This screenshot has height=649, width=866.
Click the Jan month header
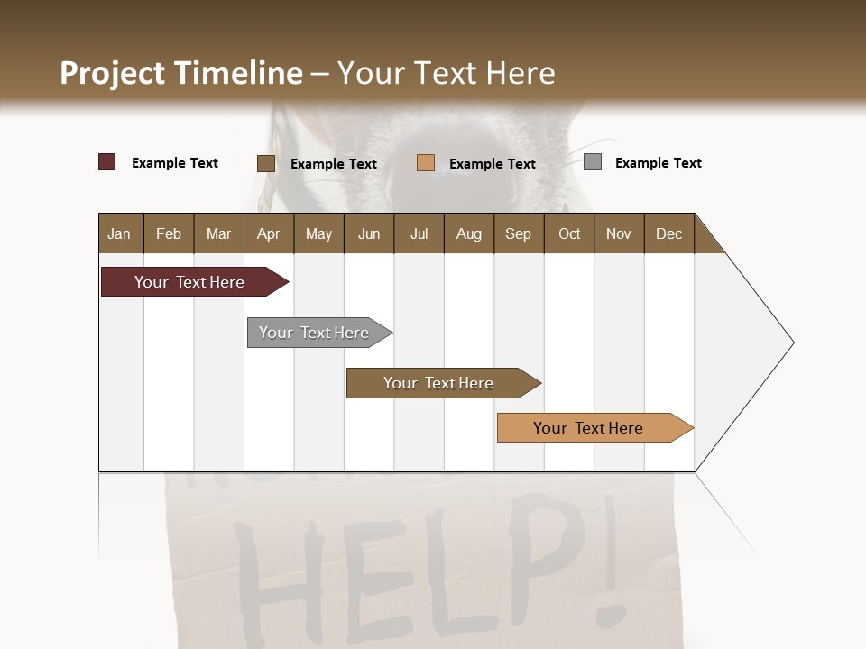119,233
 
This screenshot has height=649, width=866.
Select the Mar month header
218,233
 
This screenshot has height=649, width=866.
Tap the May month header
318,233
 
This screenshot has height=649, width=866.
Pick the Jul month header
419,233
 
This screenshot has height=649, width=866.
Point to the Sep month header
518,233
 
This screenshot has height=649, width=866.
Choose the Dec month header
668,233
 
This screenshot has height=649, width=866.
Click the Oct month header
569,233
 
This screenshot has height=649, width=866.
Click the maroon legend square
107,162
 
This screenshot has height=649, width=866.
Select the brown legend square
266,163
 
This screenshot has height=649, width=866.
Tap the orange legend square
426,163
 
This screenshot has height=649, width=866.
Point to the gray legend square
593,162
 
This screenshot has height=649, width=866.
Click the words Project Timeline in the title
181,73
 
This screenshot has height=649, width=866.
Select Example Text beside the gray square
658,163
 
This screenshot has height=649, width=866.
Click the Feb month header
169,233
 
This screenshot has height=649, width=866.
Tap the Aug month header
468,233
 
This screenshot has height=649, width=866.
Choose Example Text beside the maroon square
175,163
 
